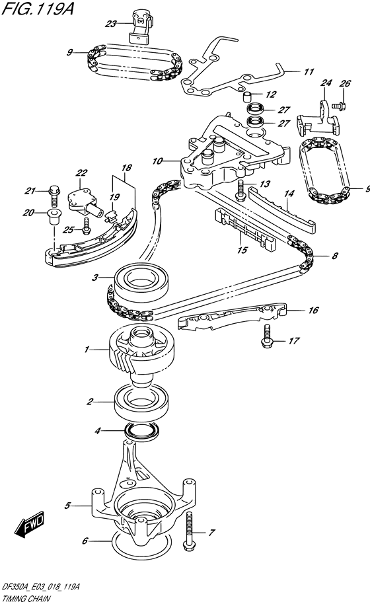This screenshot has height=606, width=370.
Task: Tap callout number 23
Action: coord(110,24)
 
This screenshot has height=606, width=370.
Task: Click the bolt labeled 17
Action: coord(266,336)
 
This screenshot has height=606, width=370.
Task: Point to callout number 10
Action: coord(157,161)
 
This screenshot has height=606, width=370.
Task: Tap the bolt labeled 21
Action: coord(54,197)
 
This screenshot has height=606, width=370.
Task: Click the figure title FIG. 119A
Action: coord(38,8)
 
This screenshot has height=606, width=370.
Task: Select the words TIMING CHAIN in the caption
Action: coord(26,599)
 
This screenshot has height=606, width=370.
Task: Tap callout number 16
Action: coord(313,310)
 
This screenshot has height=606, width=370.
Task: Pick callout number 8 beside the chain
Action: coord(335,256)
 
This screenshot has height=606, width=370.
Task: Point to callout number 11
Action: coord(309,71)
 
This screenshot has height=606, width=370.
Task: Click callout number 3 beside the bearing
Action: coord(95,277)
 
